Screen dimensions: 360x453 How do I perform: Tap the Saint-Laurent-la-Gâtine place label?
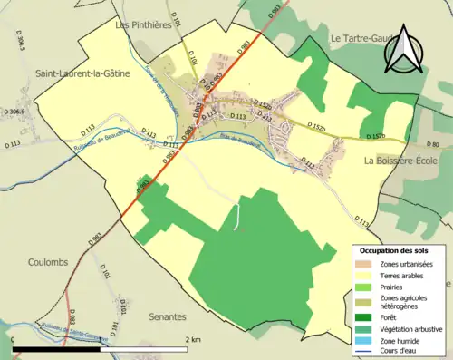82,73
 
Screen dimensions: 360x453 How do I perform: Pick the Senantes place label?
168,317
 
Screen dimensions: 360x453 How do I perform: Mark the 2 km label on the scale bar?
191,339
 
